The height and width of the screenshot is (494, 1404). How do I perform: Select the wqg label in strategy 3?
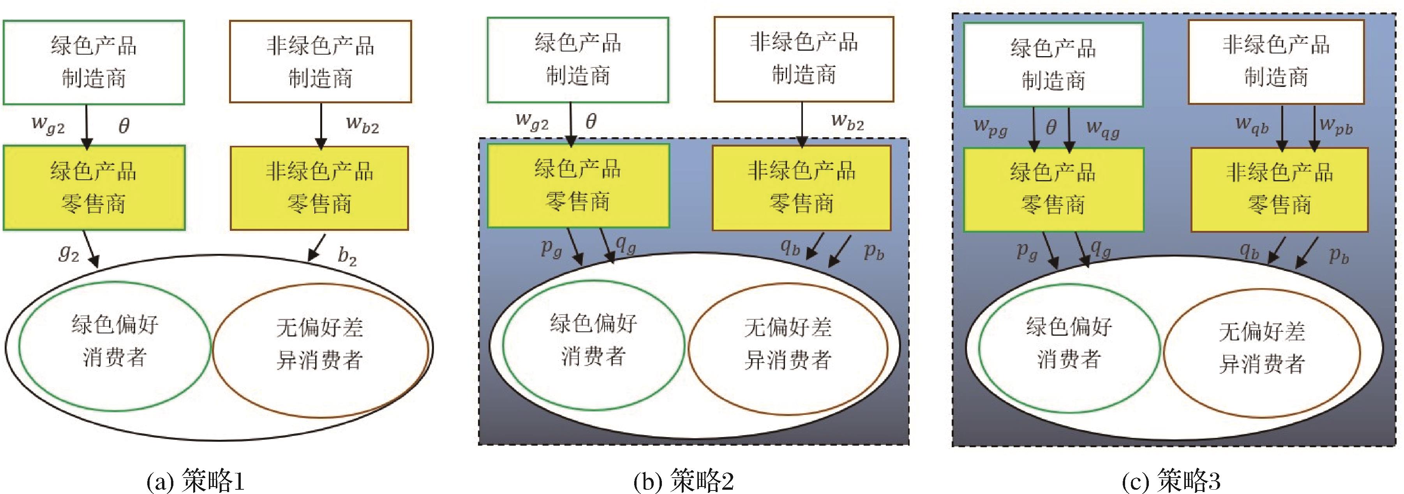click(1102, 129)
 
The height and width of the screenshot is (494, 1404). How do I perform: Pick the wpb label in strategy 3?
click(1336, 126)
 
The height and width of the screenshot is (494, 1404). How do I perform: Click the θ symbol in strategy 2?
click(591, 121)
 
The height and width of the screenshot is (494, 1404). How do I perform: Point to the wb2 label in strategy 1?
click(362, 124)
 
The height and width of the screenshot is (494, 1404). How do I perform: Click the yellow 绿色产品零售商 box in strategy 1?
click(94, 188)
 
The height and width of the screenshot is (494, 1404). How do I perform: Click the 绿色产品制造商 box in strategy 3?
click(1053, 64)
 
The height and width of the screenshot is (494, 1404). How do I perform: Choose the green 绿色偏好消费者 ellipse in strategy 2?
click(593, 345)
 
